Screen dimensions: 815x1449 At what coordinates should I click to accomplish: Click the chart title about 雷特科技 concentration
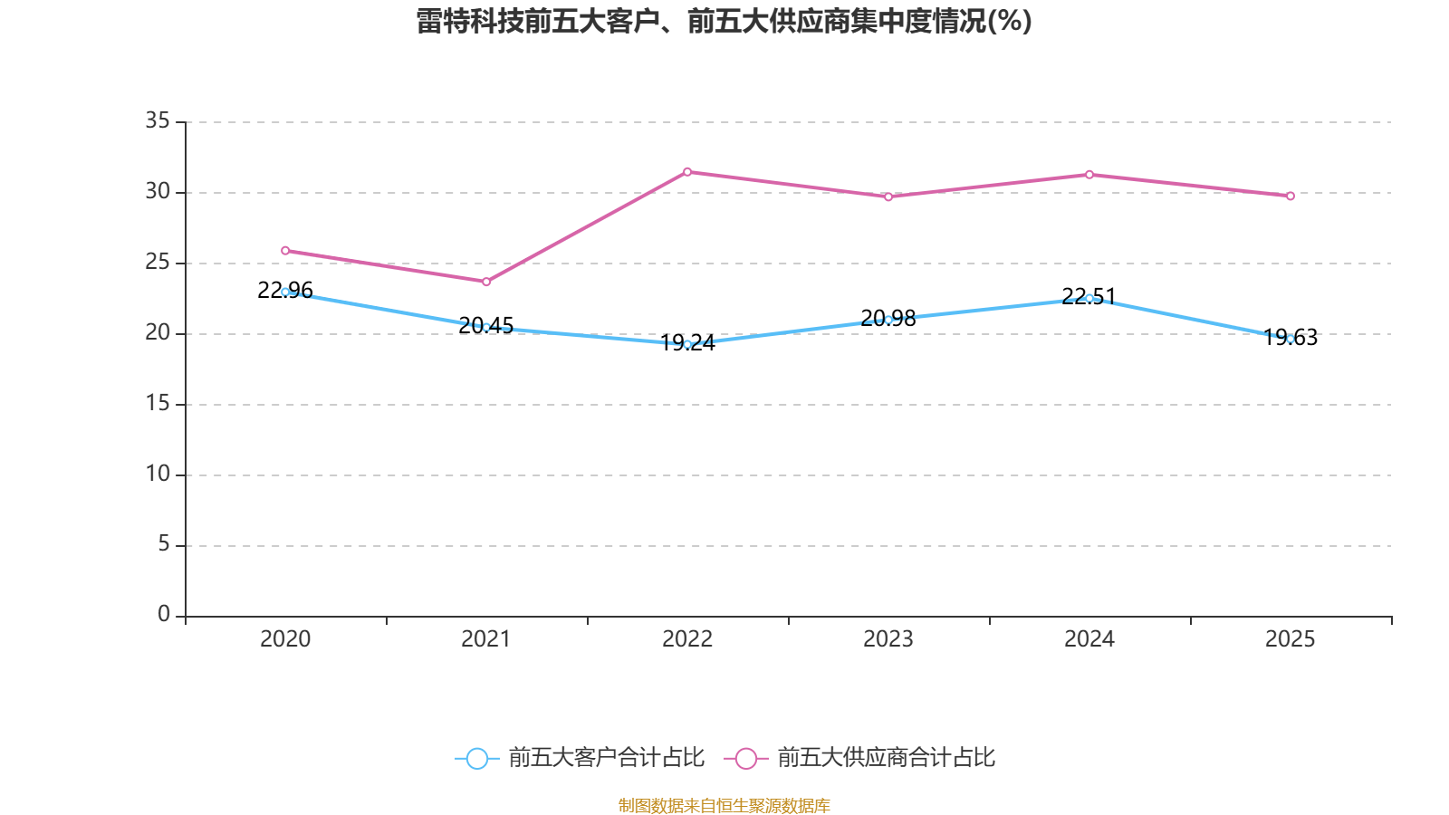coord(724,21)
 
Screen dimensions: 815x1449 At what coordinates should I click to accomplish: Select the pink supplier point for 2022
coord(687,171)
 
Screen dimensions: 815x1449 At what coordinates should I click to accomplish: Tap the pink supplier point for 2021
coord(486,282)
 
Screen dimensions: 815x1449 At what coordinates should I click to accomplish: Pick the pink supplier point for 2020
coord(285,250)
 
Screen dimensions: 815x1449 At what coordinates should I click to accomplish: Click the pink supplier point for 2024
coord(1089,174)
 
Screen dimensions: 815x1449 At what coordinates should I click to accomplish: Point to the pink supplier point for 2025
coord(1291,196)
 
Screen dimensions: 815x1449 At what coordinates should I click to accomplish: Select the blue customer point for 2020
coord(285,292)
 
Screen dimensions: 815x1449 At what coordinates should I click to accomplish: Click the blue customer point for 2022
coord(687,344)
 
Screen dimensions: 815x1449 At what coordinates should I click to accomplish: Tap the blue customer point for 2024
coord(1089,298)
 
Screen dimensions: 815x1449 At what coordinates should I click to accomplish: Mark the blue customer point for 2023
coord(888,320)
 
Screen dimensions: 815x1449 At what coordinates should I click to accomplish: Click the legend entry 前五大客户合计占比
coord(580,758)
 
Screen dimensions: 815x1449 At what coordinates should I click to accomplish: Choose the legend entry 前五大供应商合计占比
coord(860,758)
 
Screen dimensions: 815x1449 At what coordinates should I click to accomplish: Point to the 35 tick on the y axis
coord(158,120)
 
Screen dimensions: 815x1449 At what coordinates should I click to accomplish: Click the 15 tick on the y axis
coord(158,404)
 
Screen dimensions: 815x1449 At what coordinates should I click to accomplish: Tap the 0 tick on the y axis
coord(163,615)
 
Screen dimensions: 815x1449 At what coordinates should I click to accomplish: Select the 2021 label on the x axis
coord(486,639)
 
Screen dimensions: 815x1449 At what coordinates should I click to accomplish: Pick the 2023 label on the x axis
coord(888,639)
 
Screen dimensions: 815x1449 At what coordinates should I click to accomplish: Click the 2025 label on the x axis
coord(1291,639)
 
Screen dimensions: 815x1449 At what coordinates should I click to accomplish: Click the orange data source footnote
coord(724,805)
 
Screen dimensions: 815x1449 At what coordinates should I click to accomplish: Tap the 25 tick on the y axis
coord(158,263)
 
